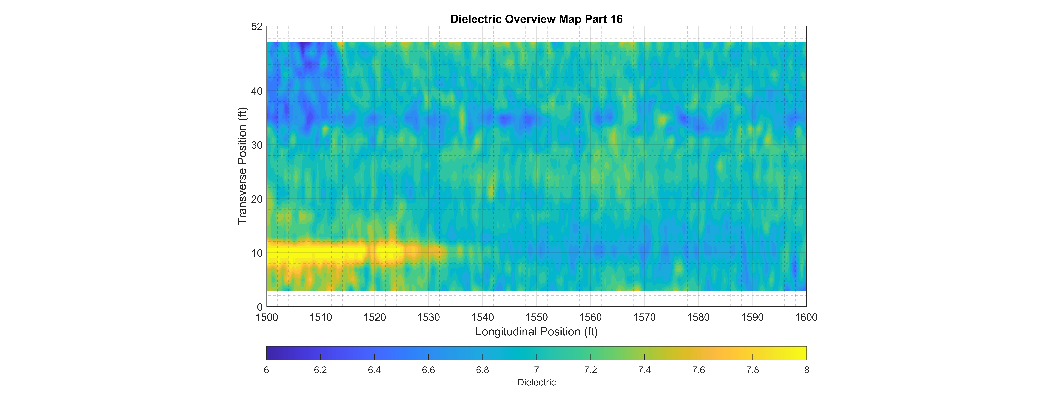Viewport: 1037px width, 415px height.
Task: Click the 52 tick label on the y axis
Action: tap(257, 27)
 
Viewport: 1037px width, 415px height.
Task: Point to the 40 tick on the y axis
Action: tap(257, 92)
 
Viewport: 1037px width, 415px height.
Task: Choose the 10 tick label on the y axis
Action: tap(257, 253)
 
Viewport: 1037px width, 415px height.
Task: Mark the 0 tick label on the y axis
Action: tap(260, 307)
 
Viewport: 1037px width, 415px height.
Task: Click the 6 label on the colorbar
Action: tap(267, 370)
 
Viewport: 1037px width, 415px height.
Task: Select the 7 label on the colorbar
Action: tap(537, 370)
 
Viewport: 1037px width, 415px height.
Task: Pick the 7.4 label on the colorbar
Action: tap(644, 370)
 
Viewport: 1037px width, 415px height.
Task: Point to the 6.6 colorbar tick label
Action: tap(428, 370)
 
